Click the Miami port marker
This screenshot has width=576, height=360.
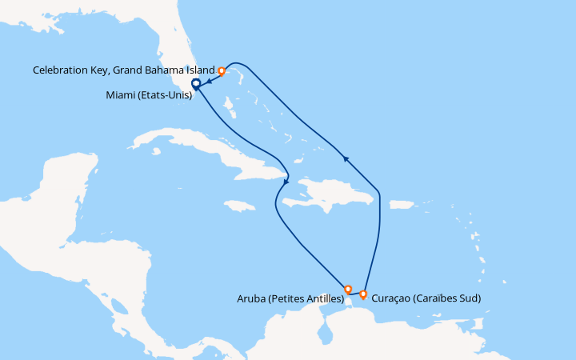coord(195,85)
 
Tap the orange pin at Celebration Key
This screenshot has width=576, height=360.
coord(222,70)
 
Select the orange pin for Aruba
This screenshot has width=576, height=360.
coord(347,288)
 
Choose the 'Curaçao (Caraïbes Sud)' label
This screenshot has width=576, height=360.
coord(426,299)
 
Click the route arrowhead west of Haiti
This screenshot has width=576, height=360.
coord(286,185)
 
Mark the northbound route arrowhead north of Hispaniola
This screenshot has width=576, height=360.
coord(346,158)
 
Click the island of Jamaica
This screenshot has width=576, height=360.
coord(238,206)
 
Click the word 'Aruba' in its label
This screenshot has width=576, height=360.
coord(250,299)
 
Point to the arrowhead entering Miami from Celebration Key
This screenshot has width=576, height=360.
coord(207,81)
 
